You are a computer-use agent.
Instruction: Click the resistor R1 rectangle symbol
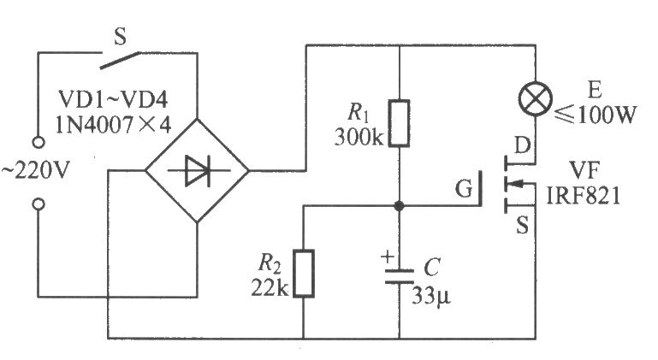399,123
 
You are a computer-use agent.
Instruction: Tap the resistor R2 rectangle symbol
304,273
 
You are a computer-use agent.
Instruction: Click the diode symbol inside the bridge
198,171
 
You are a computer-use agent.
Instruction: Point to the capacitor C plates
399,276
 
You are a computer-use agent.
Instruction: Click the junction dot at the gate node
399,205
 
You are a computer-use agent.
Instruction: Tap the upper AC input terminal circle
39,143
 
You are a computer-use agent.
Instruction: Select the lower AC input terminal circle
39,204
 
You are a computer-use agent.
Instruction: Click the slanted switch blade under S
120,61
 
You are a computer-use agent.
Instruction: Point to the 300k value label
359,137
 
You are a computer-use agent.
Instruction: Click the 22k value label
270,288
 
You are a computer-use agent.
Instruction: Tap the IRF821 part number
583,196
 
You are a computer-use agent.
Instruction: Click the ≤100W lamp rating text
596,114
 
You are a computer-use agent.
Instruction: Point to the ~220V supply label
35,171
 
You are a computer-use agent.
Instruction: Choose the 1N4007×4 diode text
113,125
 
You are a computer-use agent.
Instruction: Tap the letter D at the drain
523,146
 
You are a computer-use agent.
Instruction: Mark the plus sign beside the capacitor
387,256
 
